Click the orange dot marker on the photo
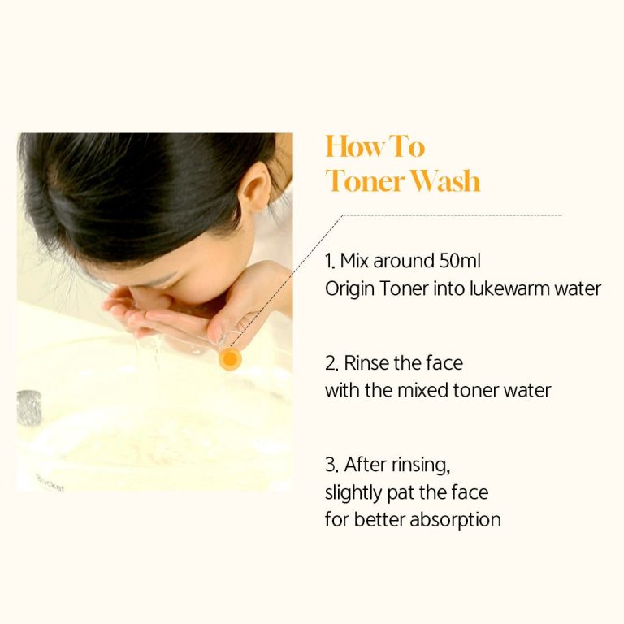tap(230, 358)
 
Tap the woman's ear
tap(258, 186)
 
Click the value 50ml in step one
tap(460, 261)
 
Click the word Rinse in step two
tap(366, 363)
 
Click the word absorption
tap(455, 521)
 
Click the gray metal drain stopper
tap(29, 408)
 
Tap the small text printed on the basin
tap(50, 483)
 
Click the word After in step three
tap(366, 465)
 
